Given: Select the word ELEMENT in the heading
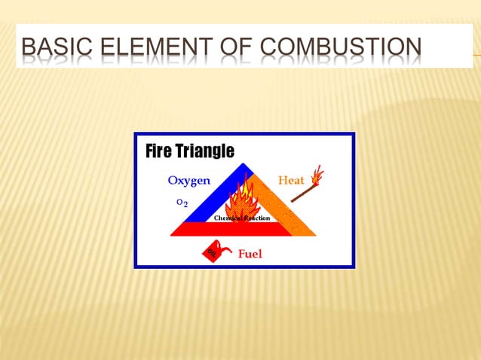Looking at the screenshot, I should [152, 50].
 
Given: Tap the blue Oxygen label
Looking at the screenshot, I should [188, 181].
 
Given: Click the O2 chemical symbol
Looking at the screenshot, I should [182, 203].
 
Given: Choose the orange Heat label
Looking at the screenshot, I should [292, 181].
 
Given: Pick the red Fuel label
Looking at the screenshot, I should [250, 254].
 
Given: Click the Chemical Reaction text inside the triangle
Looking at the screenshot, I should [241, 218].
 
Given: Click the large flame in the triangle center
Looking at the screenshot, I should [240, 200].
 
